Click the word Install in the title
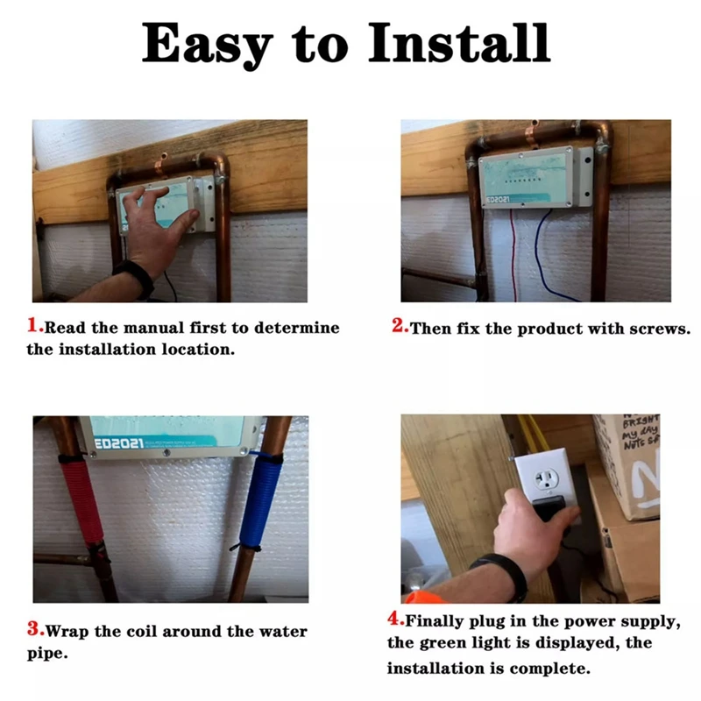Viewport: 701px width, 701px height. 461,44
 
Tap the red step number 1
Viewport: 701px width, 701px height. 35,327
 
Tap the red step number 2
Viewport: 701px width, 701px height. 400,327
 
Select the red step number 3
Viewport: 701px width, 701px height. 35,628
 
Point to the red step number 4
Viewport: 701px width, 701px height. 394,619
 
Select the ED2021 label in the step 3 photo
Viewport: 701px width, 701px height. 119,443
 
